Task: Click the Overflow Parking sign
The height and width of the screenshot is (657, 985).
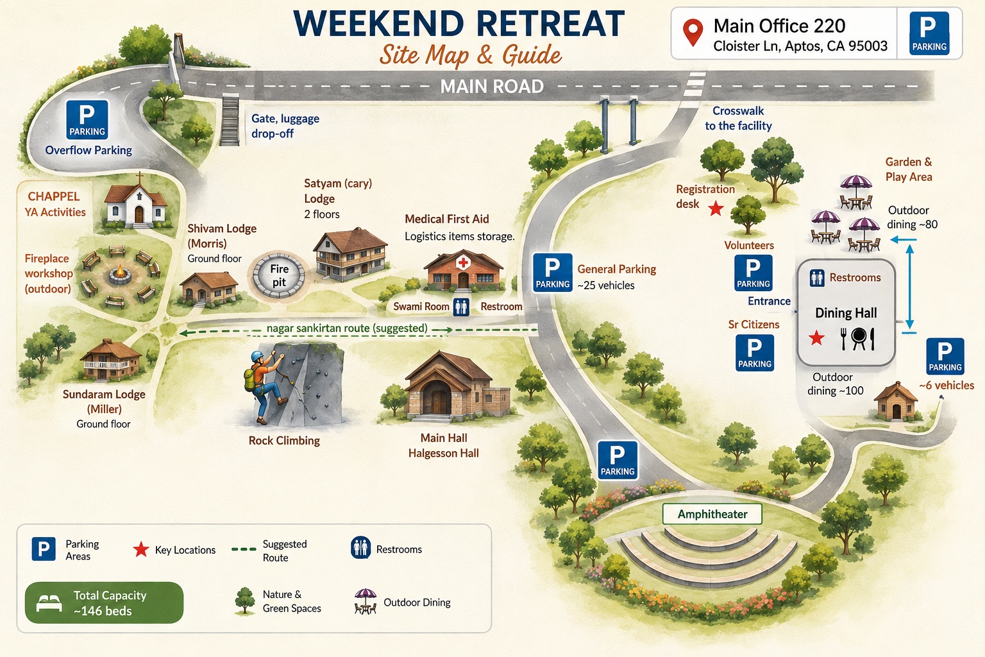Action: pos(87,120)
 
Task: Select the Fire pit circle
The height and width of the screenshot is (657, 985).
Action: pos(279,275)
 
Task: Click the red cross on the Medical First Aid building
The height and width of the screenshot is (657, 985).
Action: pos(462,262)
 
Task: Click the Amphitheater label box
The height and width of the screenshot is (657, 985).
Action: pos(712,514)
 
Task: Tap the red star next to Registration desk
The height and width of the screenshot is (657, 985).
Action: pos(716,208)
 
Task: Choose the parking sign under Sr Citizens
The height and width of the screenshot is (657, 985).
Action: pos(755,352)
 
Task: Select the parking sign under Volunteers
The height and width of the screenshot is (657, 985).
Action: pos(753,273)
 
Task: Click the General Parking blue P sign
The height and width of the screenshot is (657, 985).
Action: pos(552,273)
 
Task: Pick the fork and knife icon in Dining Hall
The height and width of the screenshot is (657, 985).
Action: pos(857,338)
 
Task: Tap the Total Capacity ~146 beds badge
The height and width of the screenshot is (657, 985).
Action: pos(105,602)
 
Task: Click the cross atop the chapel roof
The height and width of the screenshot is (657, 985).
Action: pos(139,178)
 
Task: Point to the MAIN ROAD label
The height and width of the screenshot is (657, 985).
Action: pos(492,86)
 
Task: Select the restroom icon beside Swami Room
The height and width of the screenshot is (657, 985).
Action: pos(461,307)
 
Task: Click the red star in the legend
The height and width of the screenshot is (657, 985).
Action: pos(140,550)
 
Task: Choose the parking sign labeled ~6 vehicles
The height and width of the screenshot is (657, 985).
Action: pos(945,356)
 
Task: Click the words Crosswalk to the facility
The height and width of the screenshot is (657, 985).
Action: pos(738,118)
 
